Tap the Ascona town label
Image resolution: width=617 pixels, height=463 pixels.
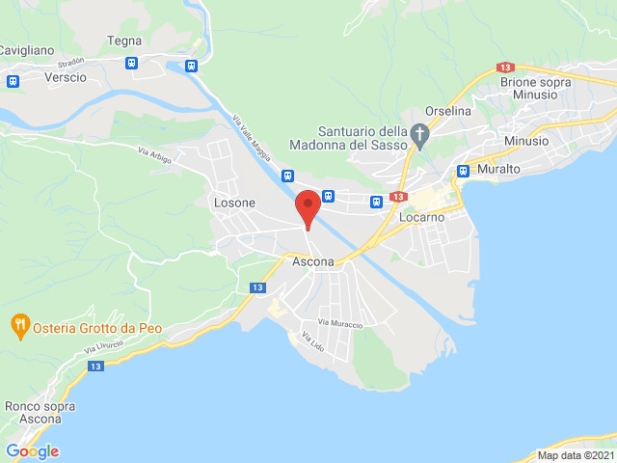coord(312,261)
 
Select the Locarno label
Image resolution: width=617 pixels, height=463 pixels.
coord(423,218)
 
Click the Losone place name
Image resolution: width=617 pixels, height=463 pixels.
coord(234,203)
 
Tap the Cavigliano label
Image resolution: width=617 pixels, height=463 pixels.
coord(27,49)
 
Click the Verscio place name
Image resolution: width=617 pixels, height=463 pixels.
coord(66,76)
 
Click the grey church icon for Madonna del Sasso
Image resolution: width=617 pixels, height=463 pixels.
coord(419,136)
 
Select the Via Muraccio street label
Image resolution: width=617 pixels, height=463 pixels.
coord(340,324)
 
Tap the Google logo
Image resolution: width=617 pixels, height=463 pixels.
coord(32,451)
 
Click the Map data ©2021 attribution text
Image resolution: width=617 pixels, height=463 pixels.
coord(575,455)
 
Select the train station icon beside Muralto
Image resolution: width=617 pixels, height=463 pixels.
coord(463,171)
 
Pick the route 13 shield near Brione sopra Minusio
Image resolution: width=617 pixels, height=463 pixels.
coord(506,68)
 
